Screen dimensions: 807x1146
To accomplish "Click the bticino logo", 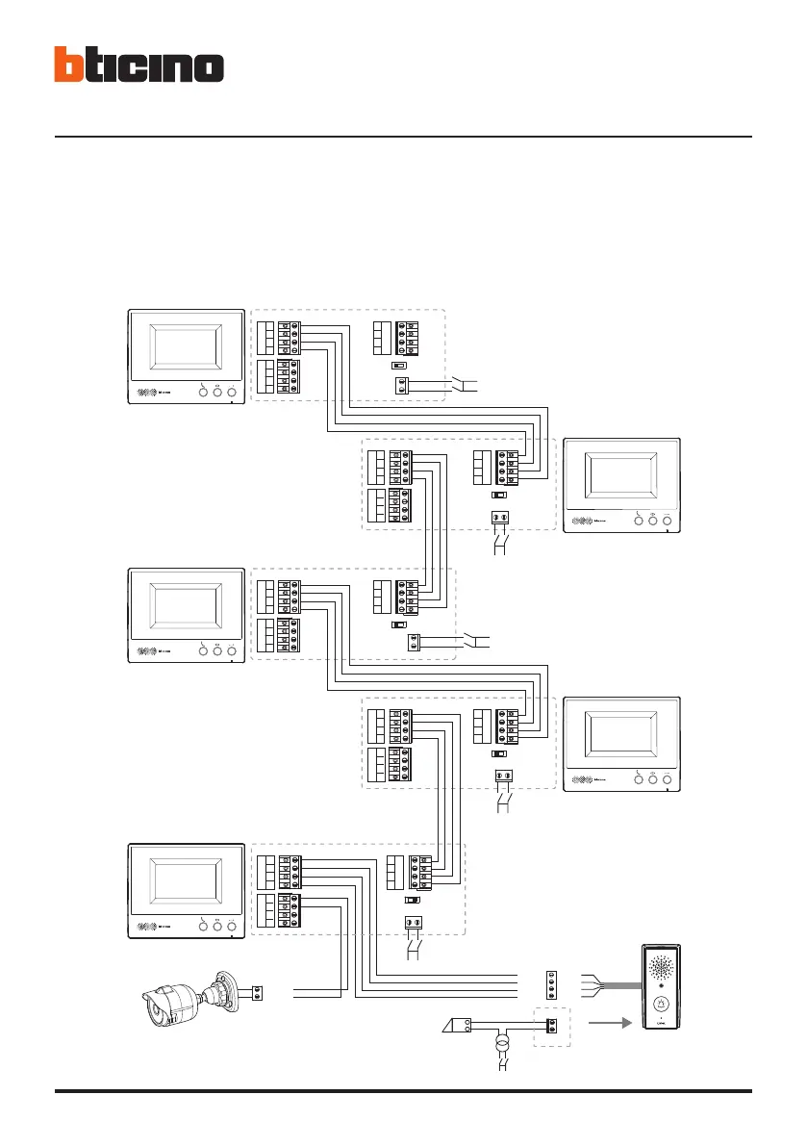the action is point(139,64).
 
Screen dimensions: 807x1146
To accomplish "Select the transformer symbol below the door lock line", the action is point(500,1045).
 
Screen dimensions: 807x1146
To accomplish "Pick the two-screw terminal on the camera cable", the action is point(258,991).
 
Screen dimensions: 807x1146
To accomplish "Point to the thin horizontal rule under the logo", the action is point(403,137).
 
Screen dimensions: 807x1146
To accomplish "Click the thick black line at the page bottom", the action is point(403,1091).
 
